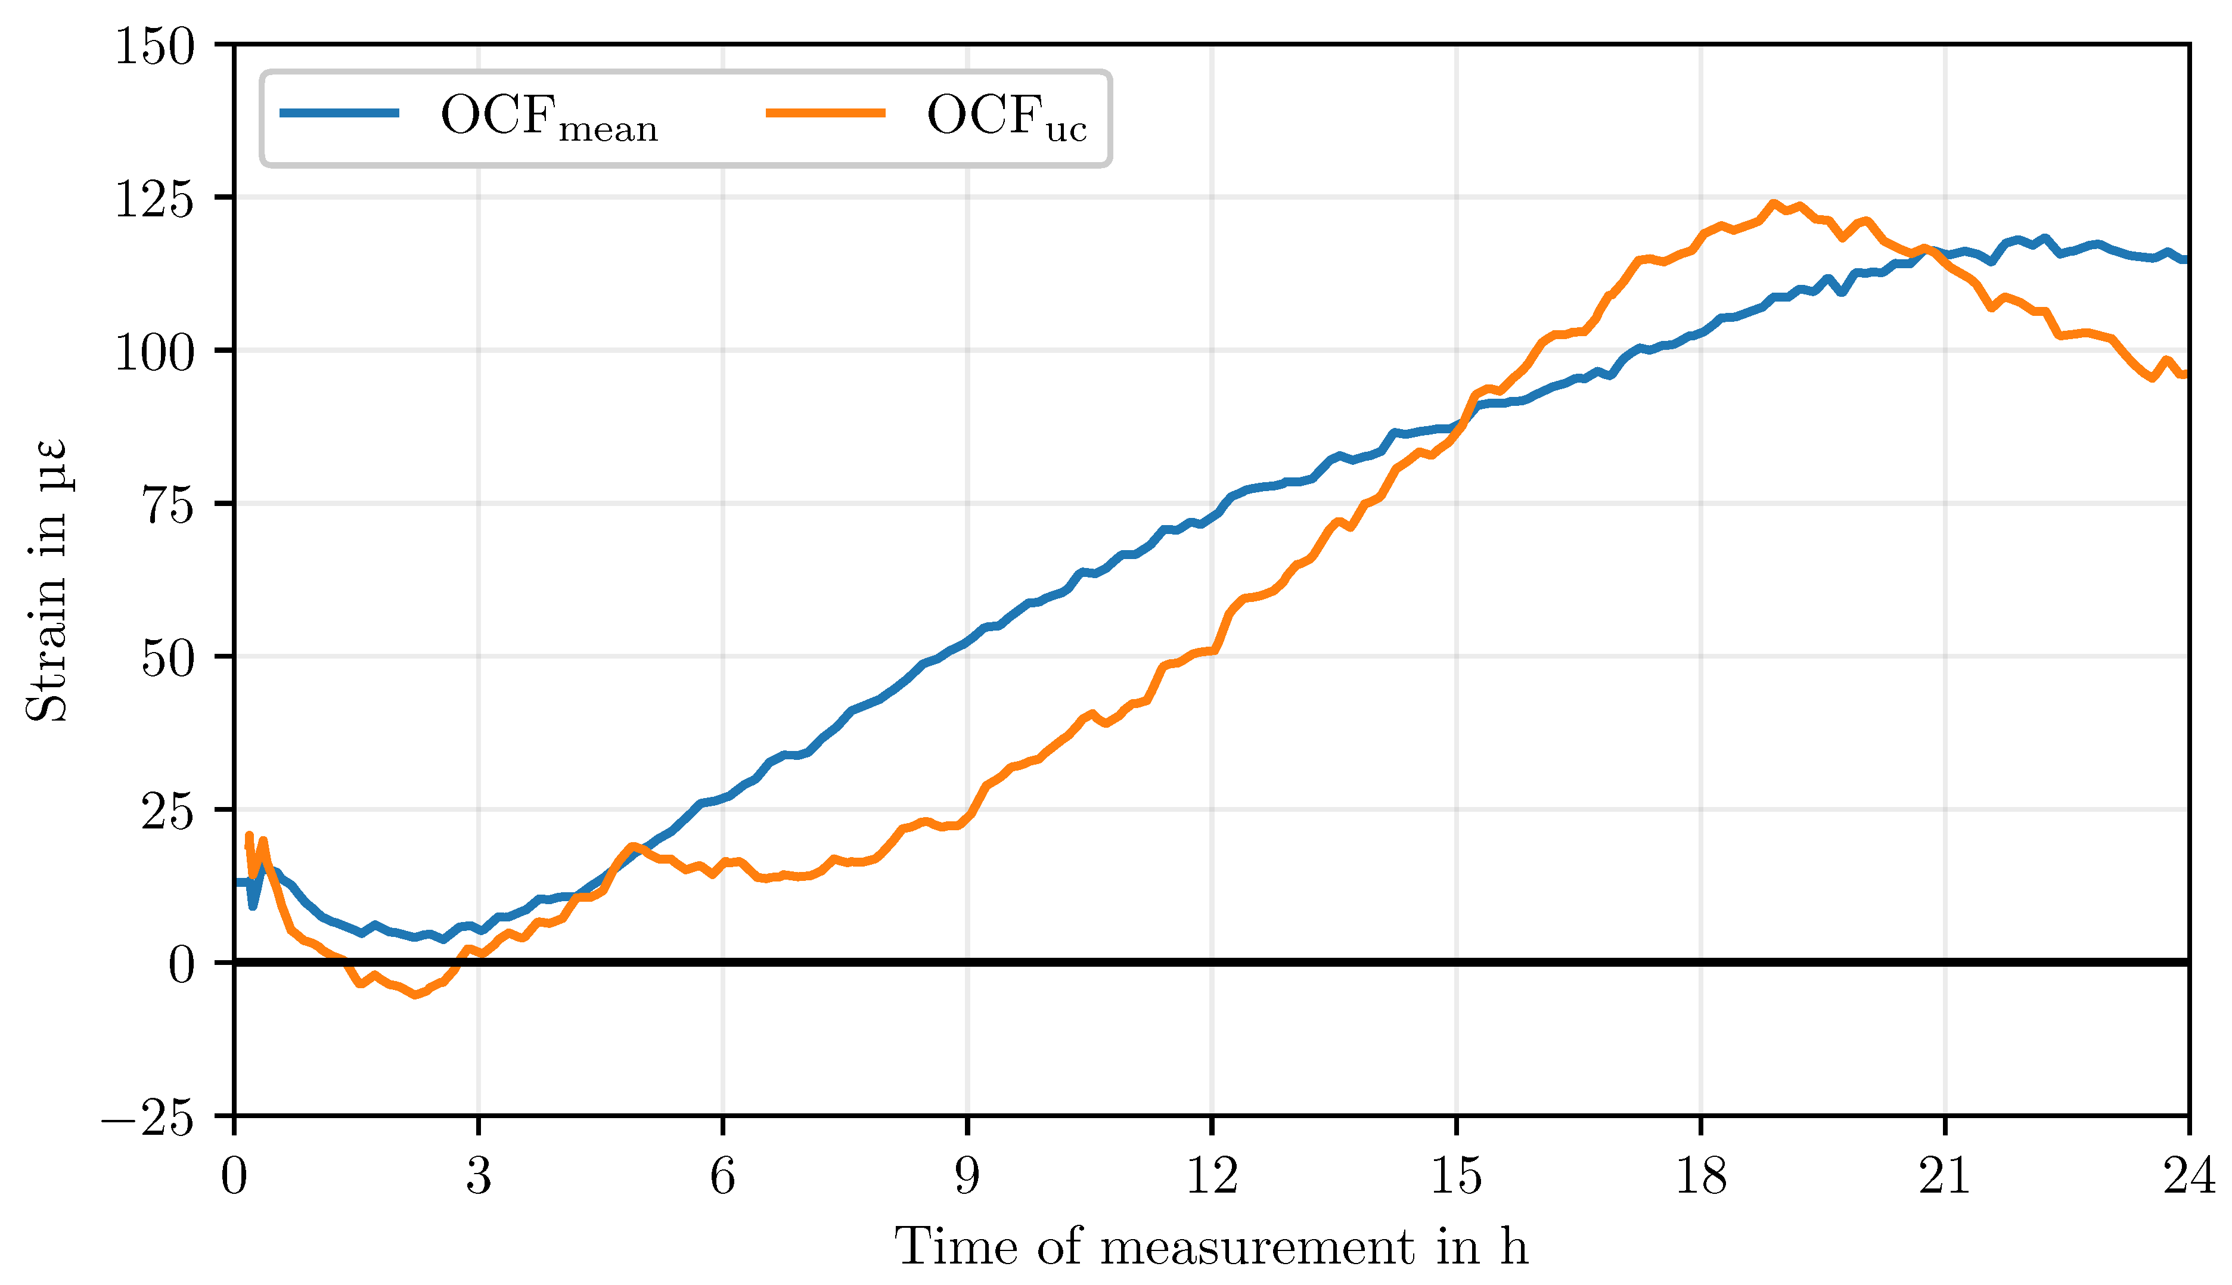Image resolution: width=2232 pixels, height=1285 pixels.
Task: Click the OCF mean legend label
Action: tap(548, 117)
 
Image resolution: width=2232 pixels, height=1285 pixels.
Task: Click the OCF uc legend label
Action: tap(1005, 117)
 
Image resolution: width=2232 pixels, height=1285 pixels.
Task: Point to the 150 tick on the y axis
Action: tap(154, 46)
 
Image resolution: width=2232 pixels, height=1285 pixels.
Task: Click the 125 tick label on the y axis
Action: tap(154, 200)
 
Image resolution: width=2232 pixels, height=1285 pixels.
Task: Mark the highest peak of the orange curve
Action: tap(1772, 204)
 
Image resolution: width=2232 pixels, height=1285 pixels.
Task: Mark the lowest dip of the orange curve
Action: tap(415, 995)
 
